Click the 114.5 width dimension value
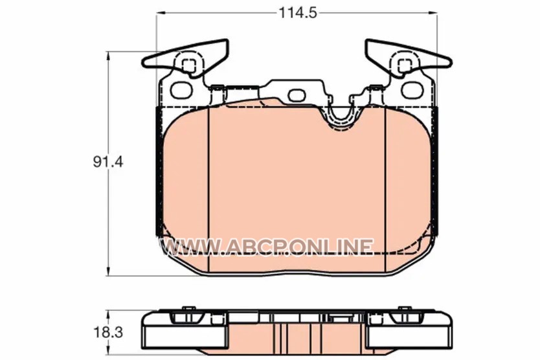[297, 13]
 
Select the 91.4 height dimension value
[107, 162]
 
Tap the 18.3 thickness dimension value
[107, 333]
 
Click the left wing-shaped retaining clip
[186, 59]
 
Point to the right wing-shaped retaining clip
[409, 59]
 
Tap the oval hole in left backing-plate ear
[181, 90]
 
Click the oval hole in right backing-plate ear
[412, 90]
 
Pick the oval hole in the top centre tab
[297, 95]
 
